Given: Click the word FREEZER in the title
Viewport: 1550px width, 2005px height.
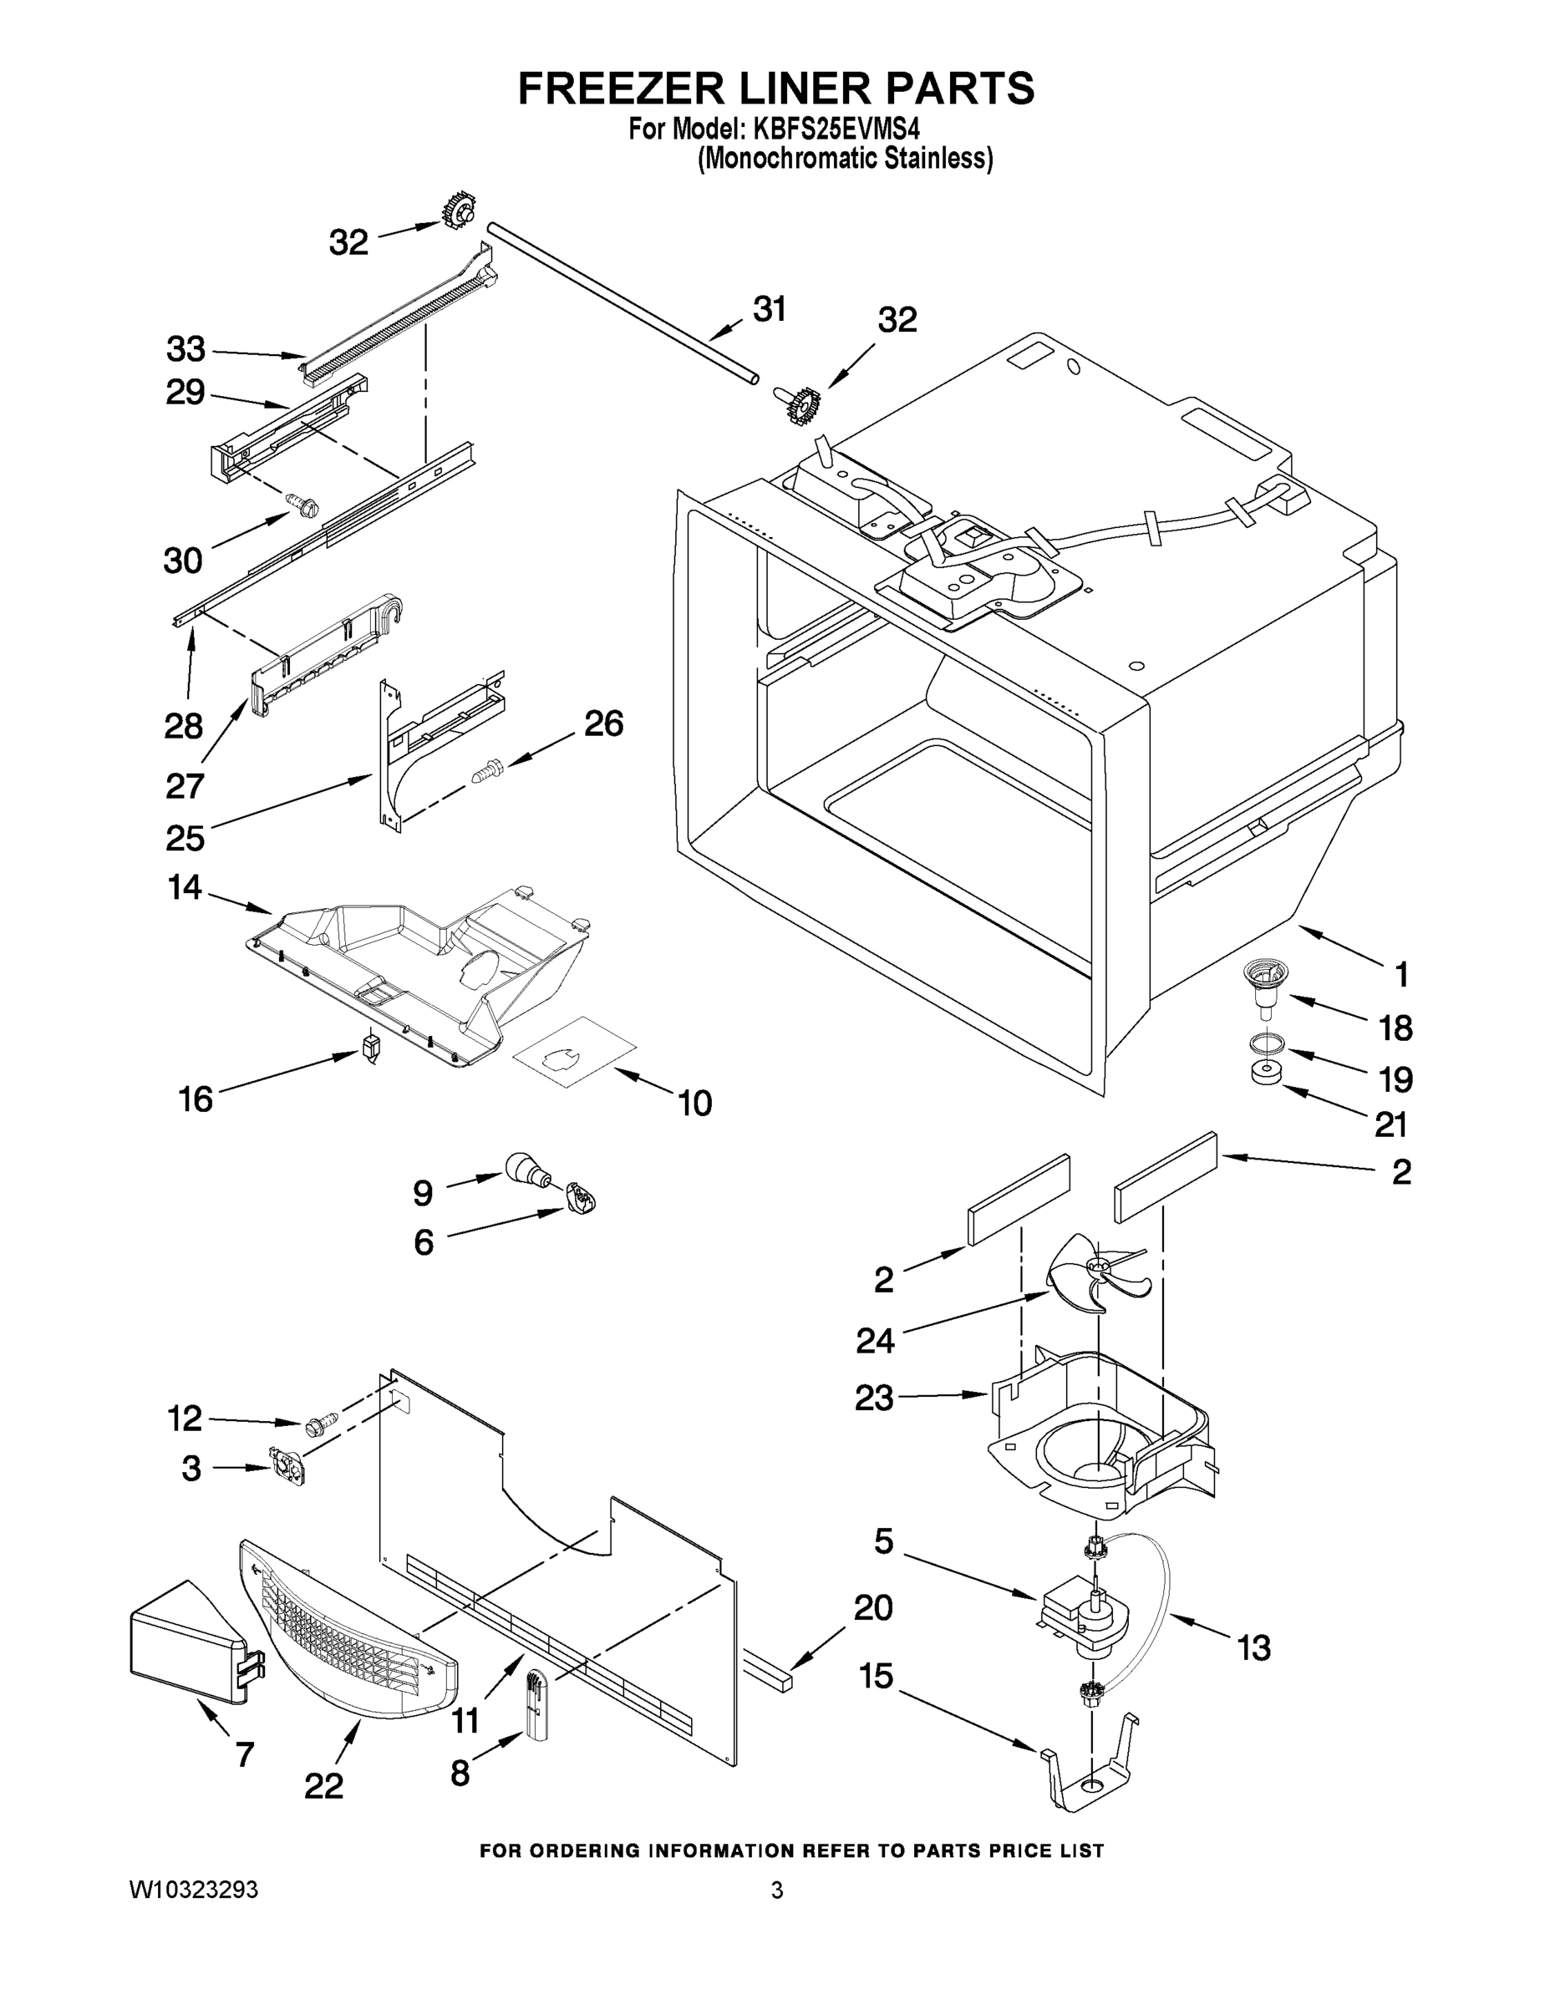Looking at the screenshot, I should (x=622, y=89).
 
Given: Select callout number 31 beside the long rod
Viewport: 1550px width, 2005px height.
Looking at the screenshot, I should (x=770, y=309).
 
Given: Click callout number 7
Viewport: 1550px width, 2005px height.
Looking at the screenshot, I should (x=244, y=1754).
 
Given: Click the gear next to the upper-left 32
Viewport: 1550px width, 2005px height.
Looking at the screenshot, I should (x=456, y=214).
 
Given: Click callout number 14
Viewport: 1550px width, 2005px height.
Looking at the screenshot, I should (x=185, y=887).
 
